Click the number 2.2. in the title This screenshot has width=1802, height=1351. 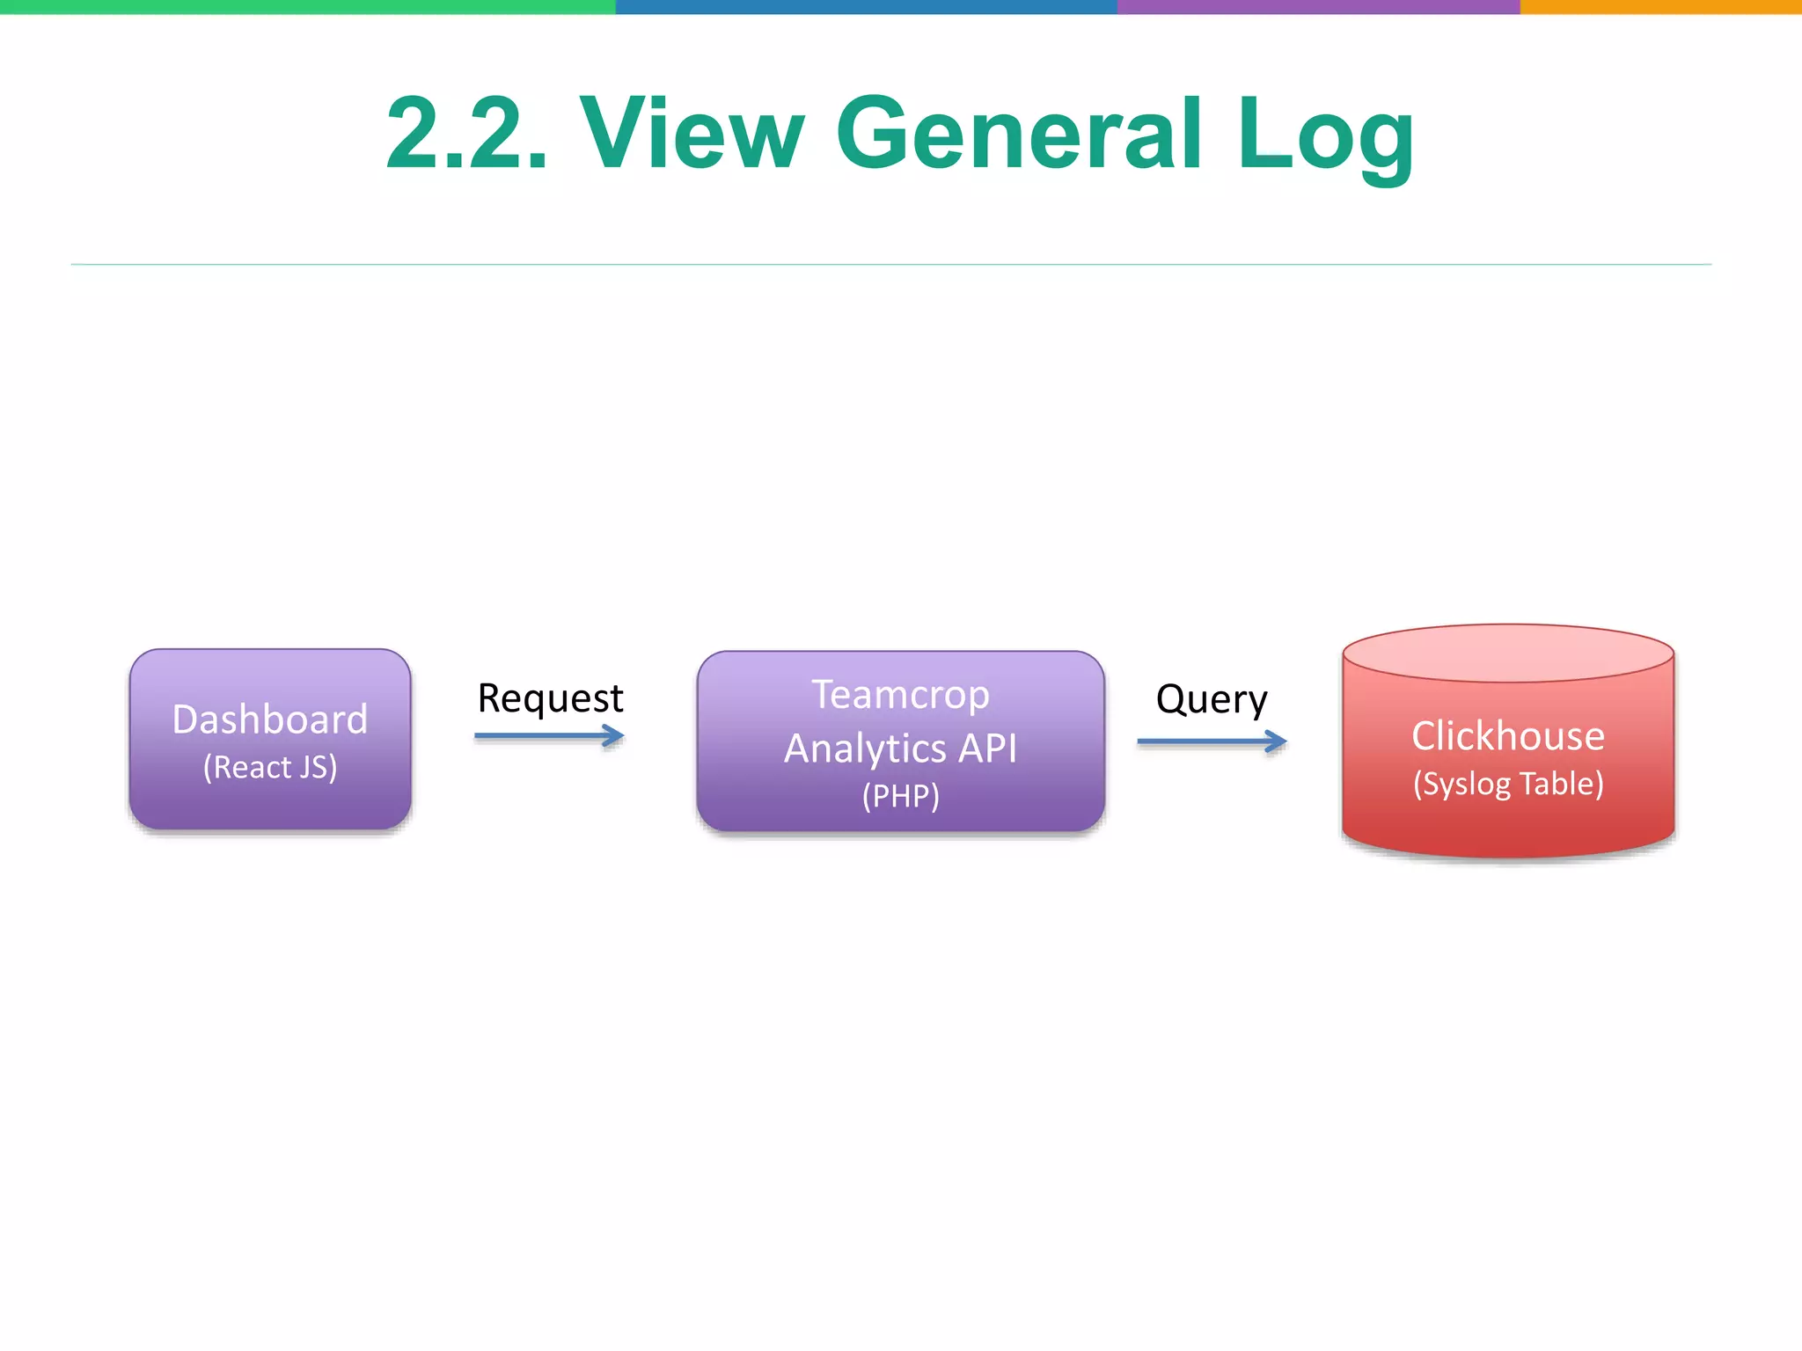pyautogui.click(x=467, y=134)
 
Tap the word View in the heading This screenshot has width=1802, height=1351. pyautogui.click(x=692, y=134)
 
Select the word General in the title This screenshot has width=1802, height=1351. pyautogui.click(x=1019, y=134)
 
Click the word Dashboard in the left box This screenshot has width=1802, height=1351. pyautogui.click(x=270, y=719)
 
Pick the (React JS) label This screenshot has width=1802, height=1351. pyautogui.click(x=270, y=767)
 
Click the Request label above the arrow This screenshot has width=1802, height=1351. pyautogui.click(x=550, y=698)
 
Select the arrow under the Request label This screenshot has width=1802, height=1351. pyautogui.click(x=549, y=736)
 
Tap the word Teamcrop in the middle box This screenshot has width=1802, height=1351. pyautogui.click(x=900, y=695)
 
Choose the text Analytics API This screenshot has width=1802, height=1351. pyautogui.click(x=900, y=749)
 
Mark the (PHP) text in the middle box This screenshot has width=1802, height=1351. pyautogui.click(x=900, y=796)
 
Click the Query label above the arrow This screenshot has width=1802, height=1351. pyautogui.click(x=1212, y=700)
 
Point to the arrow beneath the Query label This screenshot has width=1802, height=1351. pyautogui.click(x=1212, y=742)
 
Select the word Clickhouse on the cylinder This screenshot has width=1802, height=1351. pyautogui.click(x=1508, y=735)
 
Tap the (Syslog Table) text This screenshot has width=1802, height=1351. pyautogui.click(x=1508, y=784)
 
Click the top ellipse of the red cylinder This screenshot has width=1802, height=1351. pyautogui.click(x=1508, y=654)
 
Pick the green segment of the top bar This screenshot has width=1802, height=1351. pyautogui.click(x=308, y=6)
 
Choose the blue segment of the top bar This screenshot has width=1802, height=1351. pyautogui.click(x=867, y=6)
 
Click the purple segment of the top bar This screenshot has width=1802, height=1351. pyautogui.click(x=1318, y=6)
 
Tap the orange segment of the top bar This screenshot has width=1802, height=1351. pyautogui.click(x=1661, y=6)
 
